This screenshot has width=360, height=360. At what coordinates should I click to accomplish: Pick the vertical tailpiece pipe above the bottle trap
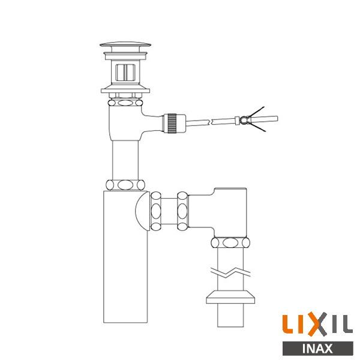coord(125,159)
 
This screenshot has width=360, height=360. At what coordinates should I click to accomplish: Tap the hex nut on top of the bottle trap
coord(125,184)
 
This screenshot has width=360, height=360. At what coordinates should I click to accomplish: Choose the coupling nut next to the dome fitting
coord(158,212)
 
